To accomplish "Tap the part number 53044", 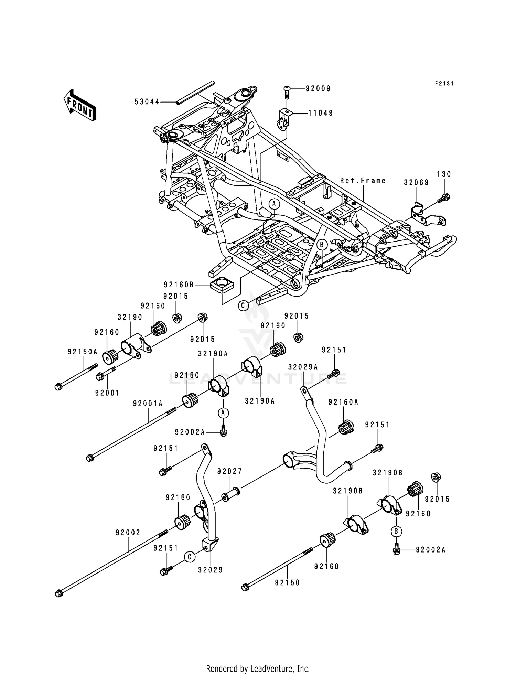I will tap(147, 102).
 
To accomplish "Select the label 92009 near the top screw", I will tap(318, 89).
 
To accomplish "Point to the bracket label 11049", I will tap(321, 113).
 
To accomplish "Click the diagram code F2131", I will tap(444, 84).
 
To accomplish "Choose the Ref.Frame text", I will tap(363, 181).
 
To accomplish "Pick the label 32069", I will tap(416, 183).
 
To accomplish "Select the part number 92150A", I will tap(83, 352).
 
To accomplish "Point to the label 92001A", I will tap(148, 404).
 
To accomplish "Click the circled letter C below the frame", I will tap(244, 305).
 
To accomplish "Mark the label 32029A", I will tap(303, 367).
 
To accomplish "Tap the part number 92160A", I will tap(343, 402).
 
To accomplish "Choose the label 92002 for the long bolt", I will tap(128, 533).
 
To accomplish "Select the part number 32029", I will tap(211, 570).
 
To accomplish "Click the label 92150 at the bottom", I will tap(287, 583).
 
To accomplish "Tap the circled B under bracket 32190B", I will tap(396, 532).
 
